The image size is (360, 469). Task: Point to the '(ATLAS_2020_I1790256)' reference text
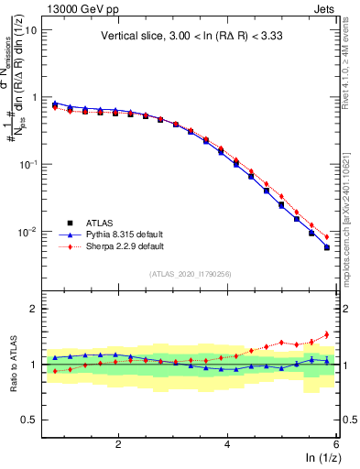click(190, 274)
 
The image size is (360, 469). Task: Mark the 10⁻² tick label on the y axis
click(27, 232)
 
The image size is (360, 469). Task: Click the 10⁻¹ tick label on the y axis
click(27, 164)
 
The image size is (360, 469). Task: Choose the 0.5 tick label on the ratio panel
click(27, 420)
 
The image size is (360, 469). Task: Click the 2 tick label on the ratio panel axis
click(32, 309)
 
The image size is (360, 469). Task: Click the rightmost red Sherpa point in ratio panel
click(326, 334)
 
